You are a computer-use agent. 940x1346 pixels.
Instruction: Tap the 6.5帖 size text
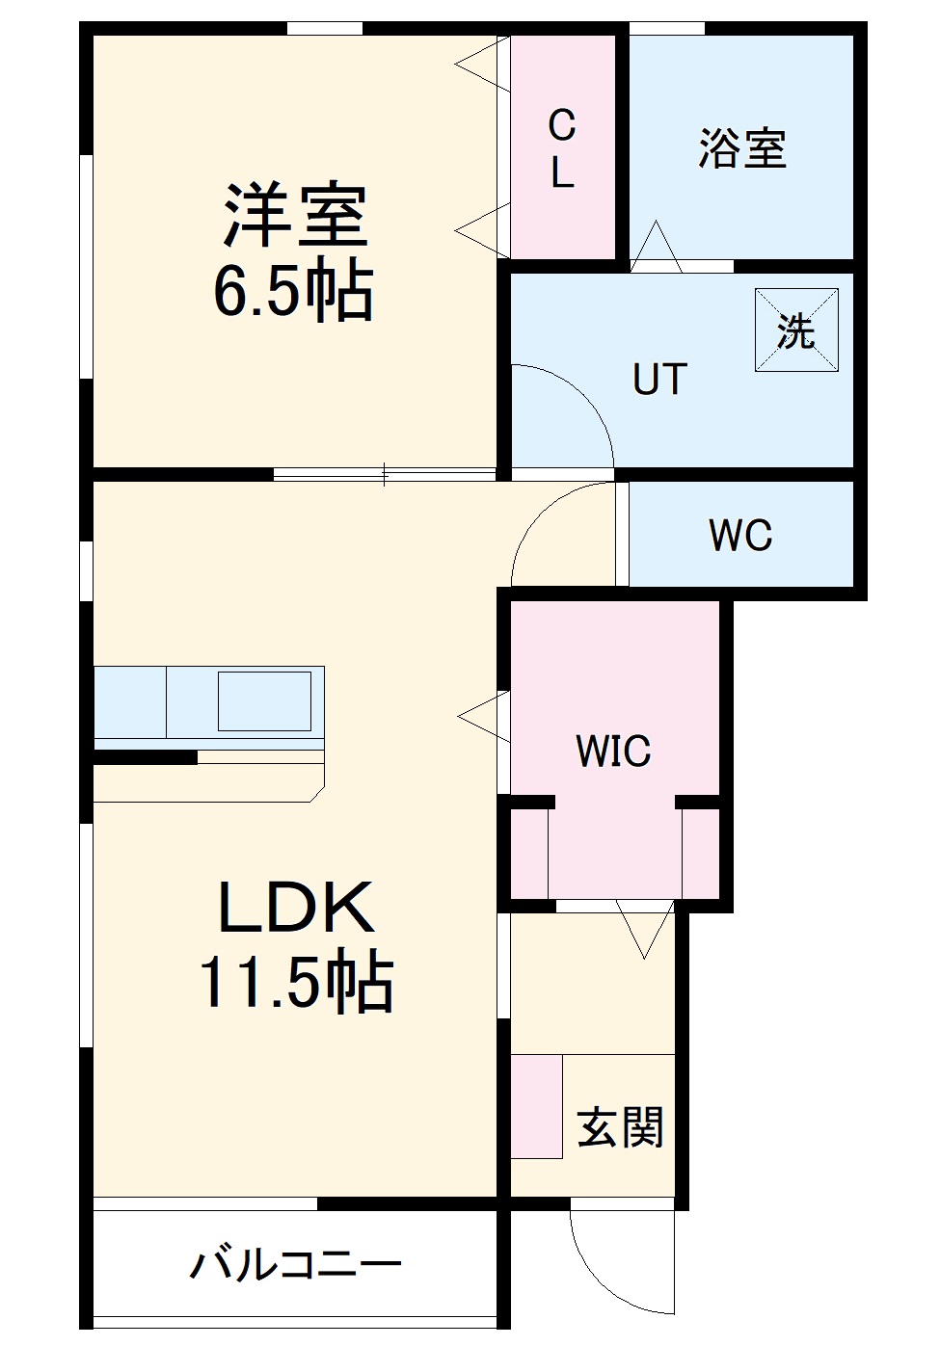[293, 290]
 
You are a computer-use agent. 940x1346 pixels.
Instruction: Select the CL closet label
[562, 148]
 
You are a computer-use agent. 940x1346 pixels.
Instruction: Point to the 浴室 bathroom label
[742, 149]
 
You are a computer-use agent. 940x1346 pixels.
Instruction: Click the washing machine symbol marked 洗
[796, 330]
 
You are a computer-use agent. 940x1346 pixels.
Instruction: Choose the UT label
[660, 380]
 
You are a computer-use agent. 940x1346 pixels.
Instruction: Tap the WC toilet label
[740, 536]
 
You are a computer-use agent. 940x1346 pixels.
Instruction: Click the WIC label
[613, 752]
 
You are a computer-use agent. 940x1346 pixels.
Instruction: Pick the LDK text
[296, 908]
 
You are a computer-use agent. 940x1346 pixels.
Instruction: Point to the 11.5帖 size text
[296, 983]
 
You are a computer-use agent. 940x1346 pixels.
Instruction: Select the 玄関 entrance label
[620, 1127]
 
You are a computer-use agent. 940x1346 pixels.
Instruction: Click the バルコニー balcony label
[295, 1264]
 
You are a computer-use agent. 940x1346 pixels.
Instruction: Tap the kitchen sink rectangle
[264, 700]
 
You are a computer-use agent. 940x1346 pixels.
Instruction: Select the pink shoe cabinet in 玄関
[536, 1106]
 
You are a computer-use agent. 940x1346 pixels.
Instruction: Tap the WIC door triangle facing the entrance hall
[645, 931]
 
